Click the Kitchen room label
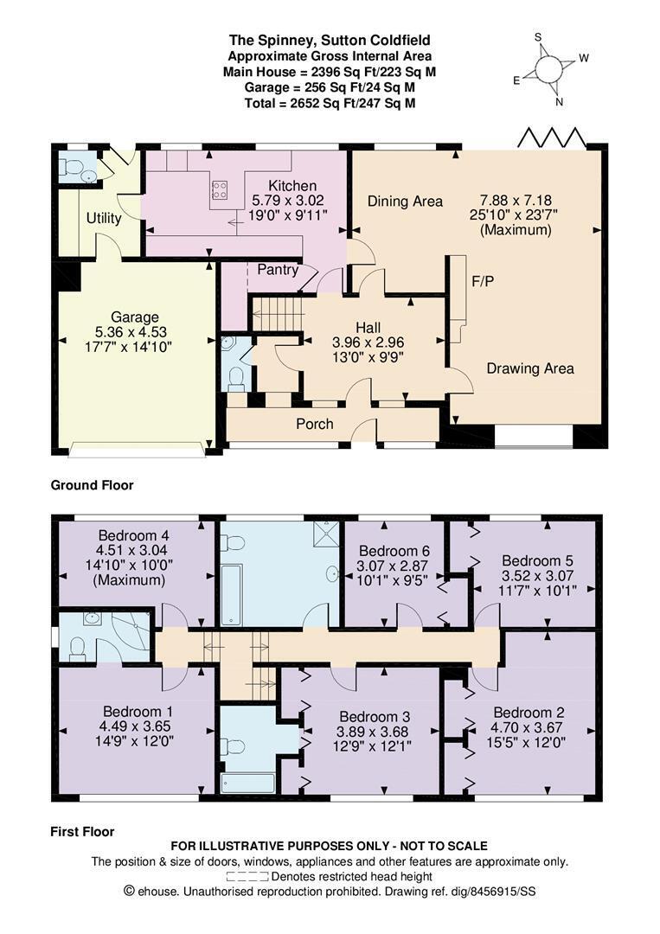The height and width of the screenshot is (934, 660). pos(292,185)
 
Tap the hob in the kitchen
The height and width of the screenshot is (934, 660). pos(219,190)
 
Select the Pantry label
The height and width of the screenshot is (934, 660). pos(278,270)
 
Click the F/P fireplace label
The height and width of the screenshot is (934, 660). pos(483,281)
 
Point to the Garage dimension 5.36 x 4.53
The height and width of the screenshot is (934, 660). pos(131,332)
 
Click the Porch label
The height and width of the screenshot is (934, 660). pos(315,424)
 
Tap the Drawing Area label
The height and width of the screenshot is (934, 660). pos(530,368)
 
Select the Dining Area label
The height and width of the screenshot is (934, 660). pos(405,202)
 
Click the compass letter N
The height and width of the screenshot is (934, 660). pos(560,102)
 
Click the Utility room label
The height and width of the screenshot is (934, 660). pos(104,218)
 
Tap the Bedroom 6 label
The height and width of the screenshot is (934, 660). pos(394,551)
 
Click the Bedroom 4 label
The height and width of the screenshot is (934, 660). pos(129,535)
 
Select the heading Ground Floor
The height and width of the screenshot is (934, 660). pos(92,485)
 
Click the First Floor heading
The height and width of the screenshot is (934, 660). pos(82,832)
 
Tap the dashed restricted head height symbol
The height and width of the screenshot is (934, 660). pos(247,877)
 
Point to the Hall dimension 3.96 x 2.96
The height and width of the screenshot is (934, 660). pos(368,342)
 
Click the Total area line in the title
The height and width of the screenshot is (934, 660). pos(330,103)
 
